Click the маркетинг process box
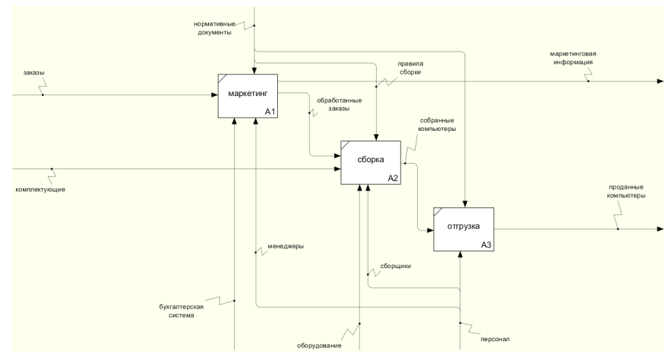(247, 96)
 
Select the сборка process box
(371, 162)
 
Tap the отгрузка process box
(463, 229)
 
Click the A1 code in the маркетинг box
(270, 112)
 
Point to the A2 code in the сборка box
(393, 178)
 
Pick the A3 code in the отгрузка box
(486, 245)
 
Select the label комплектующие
(40, 189)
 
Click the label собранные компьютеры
(438, 124)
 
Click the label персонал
(495, 339)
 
